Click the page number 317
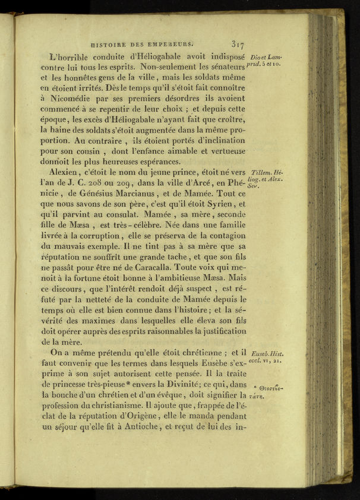tap(238, 43)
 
